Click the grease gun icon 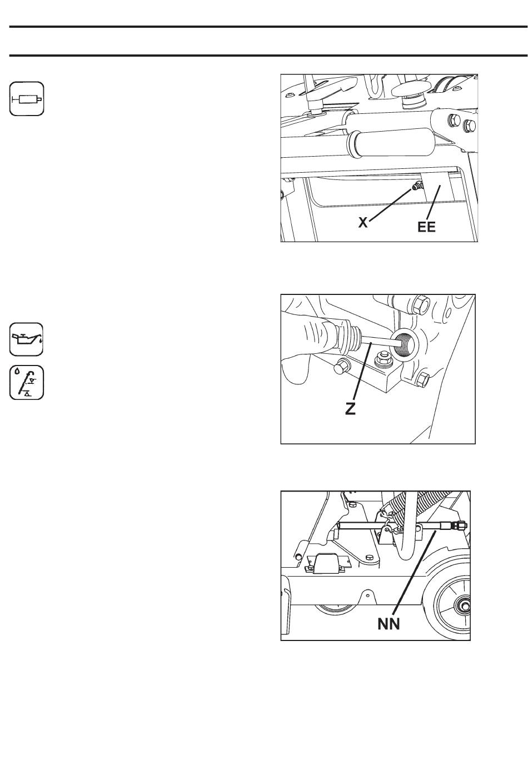point(26,99)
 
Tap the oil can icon point(26,339)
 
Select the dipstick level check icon point(26,383)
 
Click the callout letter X point(362,223)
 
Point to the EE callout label point(426,227)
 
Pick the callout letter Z point(351,409)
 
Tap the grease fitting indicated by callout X point(415,187)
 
